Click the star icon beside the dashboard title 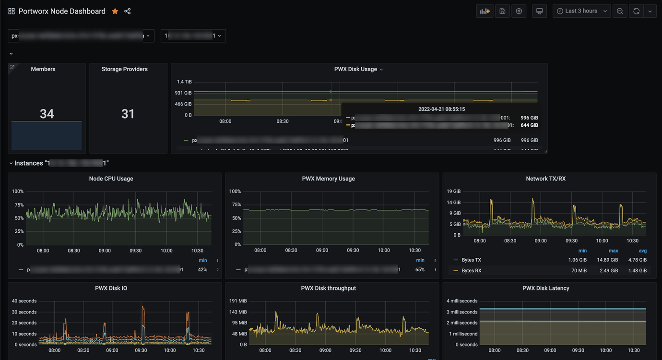click(115, 11)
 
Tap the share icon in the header click(128, 11)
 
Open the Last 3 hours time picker click(581, 11)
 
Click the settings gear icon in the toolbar click(519, 11)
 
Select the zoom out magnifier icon click(620, 11)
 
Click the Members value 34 click(47, 114)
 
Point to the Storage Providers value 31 click(128, 114)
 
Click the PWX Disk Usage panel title click(355, 69)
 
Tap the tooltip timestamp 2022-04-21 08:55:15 click(441, 109)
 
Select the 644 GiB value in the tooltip click(529, 125)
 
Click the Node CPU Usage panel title click(111, 179)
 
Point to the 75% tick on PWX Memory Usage click(236, 204)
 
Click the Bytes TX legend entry click(471, 260)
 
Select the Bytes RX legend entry click(471, 271)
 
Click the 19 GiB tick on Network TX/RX click(454, 192)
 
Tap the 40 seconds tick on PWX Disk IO click(24, 301)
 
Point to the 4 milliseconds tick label click(462, 301)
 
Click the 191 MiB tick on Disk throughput click(238, 301)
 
